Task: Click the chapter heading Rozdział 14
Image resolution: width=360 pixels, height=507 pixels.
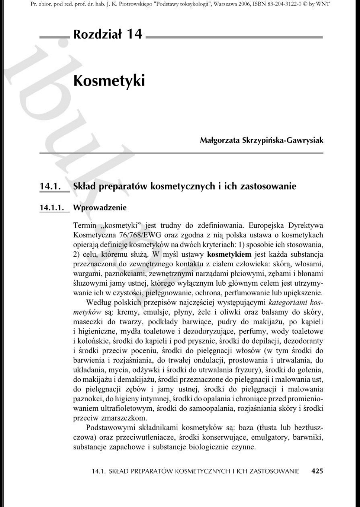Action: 108,34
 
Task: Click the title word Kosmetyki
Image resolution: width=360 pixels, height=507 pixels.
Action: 109,81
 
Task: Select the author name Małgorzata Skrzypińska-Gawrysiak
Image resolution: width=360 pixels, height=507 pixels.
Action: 261,140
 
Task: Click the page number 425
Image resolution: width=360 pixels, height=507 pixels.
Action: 317,471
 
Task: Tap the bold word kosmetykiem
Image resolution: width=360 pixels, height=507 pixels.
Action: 229,255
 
